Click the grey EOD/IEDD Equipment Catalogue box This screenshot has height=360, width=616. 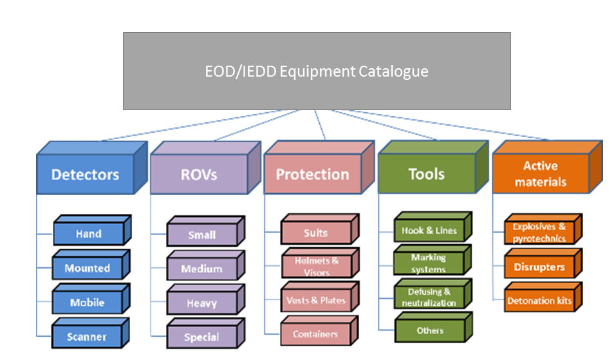(317, 71)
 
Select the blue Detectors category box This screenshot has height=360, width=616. (85, 175)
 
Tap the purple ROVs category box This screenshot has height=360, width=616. (198, 175)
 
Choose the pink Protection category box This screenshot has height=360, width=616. (312, 175)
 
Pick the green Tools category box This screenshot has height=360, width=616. (426, 175)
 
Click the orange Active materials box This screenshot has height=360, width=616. (540, 175)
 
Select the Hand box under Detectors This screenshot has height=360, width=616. (88, 234)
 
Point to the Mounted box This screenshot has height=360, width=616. (88, 269)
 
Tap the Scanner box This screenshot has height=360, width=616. (88, 337)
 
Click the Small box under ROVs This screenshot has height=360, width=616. (201, 235)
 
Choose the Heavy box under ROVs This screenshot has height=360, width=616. (201, 303)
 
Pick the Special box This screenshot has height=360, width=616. (201, 337)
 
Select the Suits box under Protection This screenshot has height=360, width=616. (315, 233)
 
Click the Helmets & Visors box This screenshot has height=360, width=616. (316, 266)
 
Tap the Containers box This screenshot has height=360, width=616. (315, 334)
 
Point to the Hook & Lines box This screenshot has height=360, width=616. (429, 231)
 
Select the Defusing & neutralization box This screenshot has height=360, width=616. (429, 297)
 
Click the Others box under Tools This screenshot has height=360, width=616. (429, 331)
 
